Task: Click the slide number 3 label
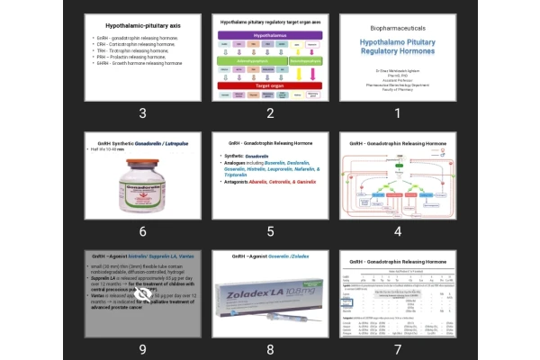[x=143, y=112]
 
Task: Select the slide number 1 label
[x=396, y=112]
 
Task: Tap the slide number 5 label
[x=270, y=230]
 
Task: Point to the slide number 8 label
[x=270, y=348]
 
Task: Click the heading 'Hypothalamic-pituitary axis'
[x=141, y=27]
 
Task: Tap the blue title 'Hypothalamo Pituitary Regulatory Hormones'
[x=396, y=47]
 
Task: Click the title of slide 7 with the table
[x=396, y=260]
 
